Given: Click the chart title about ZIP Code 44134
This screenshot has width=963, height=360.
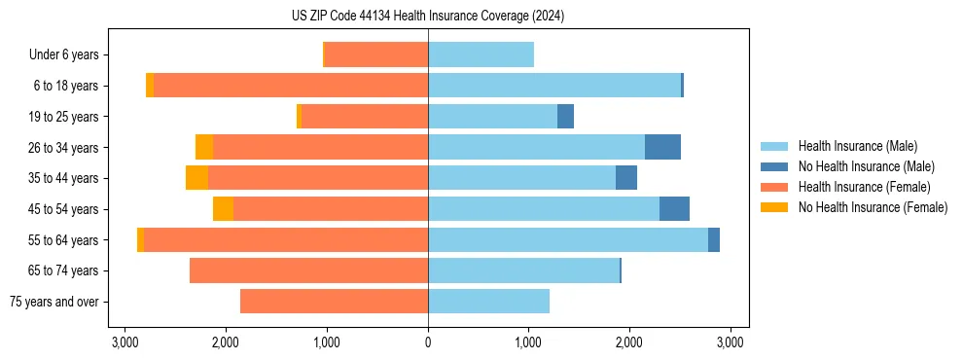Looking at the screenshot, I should tap(428, 17).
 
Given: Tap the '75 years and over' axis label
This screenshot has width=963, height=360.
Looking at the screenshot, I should tap(53, 302).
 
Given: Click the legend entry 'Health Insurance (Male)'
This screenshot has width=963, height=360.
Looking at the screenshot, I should tap(857, 146).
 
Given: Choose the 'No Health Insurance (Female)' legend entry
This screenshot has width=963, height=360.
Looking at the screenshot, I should tap(873, 207).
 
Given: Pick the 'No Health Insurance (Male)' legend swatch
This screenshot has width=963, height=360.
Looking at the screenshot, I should tap(773, 166).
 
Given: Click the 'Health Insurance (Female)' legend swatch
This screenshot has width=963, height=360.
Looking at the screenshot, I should tap(773, 187).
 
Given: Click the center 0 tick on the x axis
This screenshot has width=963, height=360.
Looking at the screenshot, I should tap(428, 342).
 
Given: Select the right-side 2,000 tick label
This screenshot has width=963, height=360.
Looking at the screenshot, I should tap(629, 342).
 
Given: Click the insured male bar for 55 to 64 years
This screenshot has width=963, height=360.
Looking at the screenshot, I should tap(568, 240).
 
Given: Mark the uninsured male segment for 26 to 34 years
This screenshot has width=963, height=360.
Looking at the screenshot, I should tap(662, 147).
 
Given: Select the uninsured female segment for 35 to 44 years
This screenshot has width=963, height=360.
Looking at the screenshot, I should tap(196, 178).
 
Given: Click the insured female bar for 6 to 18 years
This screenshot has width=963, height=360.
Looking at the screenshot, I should tap(291, 86).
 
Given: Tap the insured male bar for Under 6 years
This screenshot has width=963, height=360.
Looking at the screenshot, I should tap(481, 54).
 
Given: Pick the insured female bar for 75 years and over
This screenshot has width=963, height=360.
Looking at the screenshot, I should tap(334, 302).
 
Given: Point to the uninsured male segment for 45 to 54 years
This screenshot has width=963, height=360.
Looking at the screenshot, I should tap(674, 209).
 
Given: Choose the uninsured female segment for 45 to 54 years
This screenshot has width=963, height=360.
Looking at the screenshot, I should tap(223, 209).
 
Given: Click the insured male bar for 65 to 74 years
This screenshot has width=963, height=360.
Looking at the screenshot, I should tap(523, 270).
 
